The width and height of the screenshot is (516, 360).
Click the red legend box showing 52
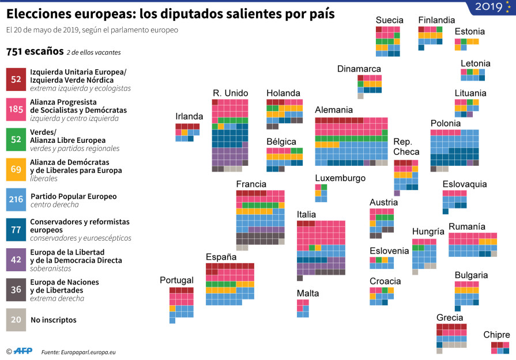[x=16, y=79]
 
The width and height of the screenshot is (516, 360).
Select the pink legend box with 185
[x=16, y=109]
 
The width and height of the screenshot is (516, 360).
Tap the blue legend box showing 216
[x=16, y=199]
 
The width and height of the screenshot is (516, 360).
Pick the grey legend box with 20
[x=16, y=320]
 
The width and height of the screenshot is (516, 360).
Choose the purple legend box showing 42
[x=16, y=260]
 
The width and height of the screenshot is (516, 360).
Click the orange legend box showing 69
[x=16, y=169]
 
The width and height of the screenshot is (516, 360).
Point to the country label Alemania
[x=334, y=110]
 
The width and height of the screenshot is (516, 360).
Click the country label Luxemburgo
[x=340, y=178]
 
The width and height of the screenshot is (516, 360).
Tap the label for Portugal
[x=176, y=280]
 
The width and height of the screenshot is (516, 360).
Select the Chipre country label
[x=496, y=335]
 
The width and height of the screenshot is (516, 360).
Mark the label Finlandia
[x=436, y=20]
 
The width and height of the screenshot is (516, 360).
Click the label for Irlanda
[x=189, y=116]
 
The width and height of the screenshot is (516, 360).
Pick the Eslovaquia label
[x=465, y=184]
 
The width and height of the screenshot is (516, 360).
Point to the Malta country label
[x=308, y=293]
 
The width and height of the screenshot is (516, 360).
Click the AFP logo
[x=22, y=351]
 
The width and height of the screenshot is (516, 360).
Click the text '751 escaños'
[x=35, y=51]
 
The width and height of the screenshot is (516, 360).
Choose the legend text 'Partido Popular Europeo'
[x=73, y=196]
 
